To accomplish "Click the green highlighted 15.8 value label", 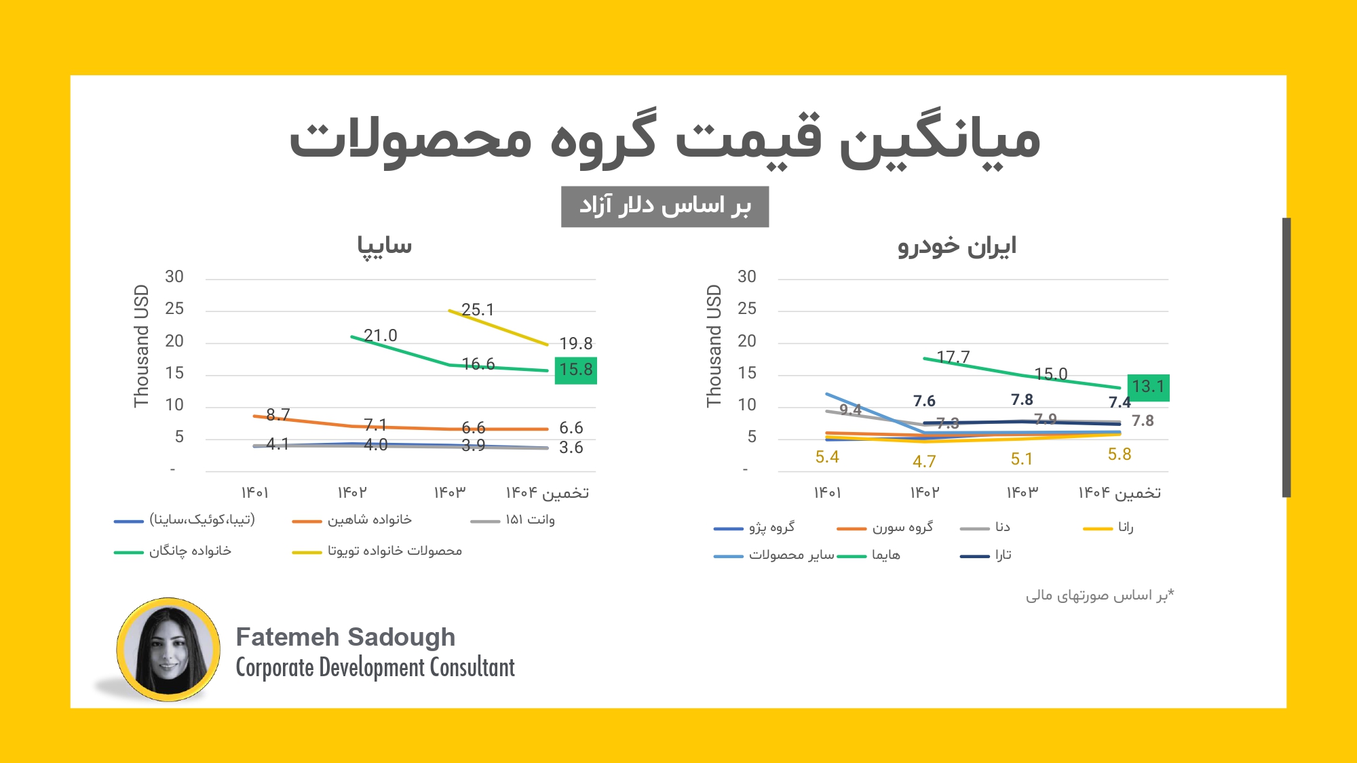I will click(x=575, y=370).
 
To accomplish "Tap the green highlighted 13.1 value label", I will click(x=1148, y=387).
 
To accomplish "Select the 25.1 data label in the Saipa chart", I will click(x=478, y=310).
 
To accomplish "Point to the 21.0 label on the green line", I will click(x=380, y=336).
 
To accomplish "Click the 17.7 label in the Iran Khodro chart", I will click(x=953, y=357).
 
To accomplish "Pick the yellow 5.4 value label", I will click(x=827, y=457).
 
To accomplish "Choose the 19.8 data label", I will click(x=575, y=344).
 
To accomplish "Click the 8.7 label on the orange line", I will click(x=278, y=414).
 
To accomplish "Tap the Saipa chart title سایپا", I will click(x=385, y=246).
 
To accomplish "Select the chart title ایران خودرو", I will click(x=957, y=246).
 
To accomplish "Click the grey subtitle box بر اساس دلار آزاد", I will click(x=665, y=206).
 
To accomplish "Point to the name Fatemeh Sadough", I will click(x=345, y=638).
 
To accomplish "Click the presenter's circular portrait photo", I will click(x=168, y=650).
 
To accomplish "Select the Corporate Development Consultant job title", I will click(x=375, y=668).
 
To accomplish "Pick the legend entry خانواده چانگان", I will click(x=190, y=551).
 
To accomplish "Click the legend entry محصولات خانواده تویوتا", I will click(x=394, y=551).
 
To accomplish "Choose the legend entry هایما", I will click(x=885, y=555).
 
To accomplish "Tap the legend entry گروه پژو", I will click(x=771, y=528).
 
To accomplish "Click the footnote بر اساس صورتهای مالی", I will click(x=1099, y=595).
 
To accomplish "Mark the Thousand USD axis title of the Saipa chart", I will click(x=141, y=346).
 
